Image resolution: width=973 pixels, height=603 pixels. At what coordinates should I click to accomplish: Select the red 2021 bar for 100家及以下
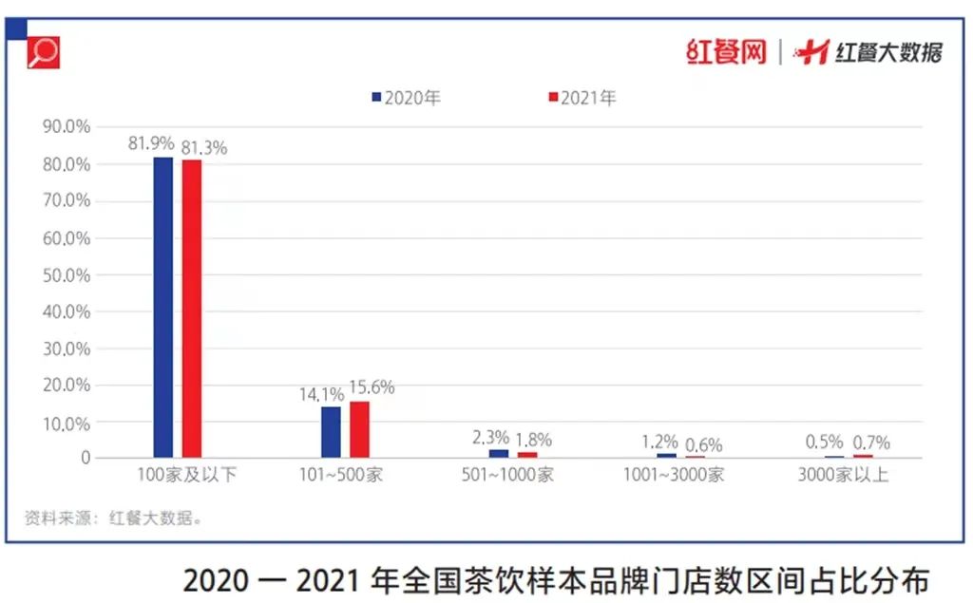pos(192,309)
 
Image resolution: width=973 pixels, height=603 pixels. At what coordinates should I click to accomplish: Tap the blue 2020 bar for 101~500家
pos(331,432)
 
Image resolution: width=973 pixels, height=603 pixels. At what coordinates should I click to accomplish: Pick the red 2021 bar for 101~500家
pos(359,429)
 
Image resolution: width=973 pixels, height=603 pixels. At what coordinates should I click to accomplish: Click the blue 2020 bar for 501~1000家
pos(499,453)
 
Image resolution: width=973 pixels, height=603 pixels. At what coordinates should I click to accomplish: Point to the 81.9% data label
pos(151,143)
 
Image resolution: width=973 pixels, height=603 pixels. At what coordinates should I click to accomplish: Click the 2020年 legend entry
pos(407,98)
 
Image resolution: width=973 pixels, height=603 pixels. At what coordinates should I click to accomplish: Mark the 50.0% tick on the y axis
pos(67,275)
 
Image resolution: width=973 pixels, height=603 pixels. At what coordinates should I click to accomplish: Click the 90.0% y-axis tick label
pos(67,126)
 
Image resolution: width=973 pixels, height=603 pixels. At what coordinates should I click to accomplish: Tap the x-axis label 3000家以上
pos(843,475)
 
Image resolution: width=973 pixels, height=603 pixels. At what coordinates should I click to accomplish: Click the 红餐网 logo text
pos(726,51)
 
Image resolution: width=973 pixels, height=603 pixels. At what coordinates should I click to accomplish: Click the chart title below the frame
pos(555,578)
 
